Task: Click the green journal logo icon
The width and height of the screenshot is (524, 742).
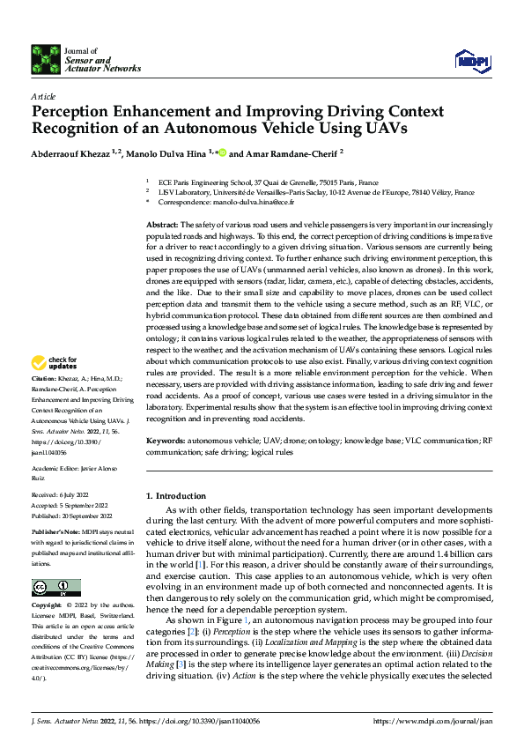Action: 46,59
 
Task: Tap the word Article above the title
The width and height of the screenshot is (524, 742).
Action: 43,95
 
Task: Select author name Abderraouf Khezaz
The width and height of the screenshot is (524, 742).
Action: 72,152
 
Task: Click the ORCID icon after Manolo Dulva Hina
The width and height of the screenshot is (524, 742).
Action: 222,152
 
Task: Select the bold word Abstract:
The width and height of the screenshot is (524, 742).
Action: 162,226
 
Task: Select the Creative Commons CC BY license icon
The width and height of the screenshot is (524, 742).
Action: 50,588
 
